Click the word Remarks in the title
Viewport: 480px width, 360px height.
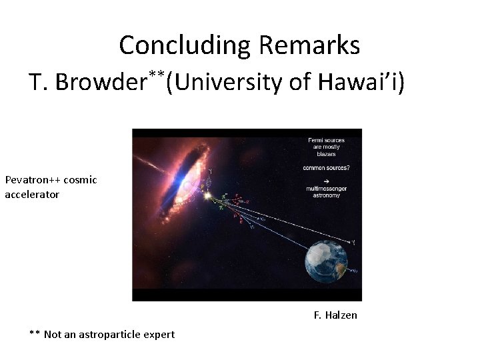point(309,45)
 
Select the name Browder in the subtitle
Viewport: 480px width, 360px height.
point(101,83)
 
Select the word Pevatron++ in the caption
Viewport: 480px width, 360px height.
point(33,180)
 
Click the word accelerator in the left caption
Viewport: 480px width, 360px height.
point(32,195)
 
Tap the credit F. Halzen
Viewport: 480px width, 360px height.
point(335,315)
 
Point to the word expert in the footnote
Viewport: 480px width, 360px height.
point(160,334)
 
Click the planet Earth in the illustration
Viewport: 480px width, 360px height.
point(327,261)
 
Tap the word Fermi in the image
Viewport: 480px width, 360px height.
point(316,140)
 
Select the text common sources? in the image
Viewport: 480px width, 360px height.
point(327,168)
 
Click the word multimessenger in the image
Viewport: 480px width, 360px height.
point(327,189)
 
